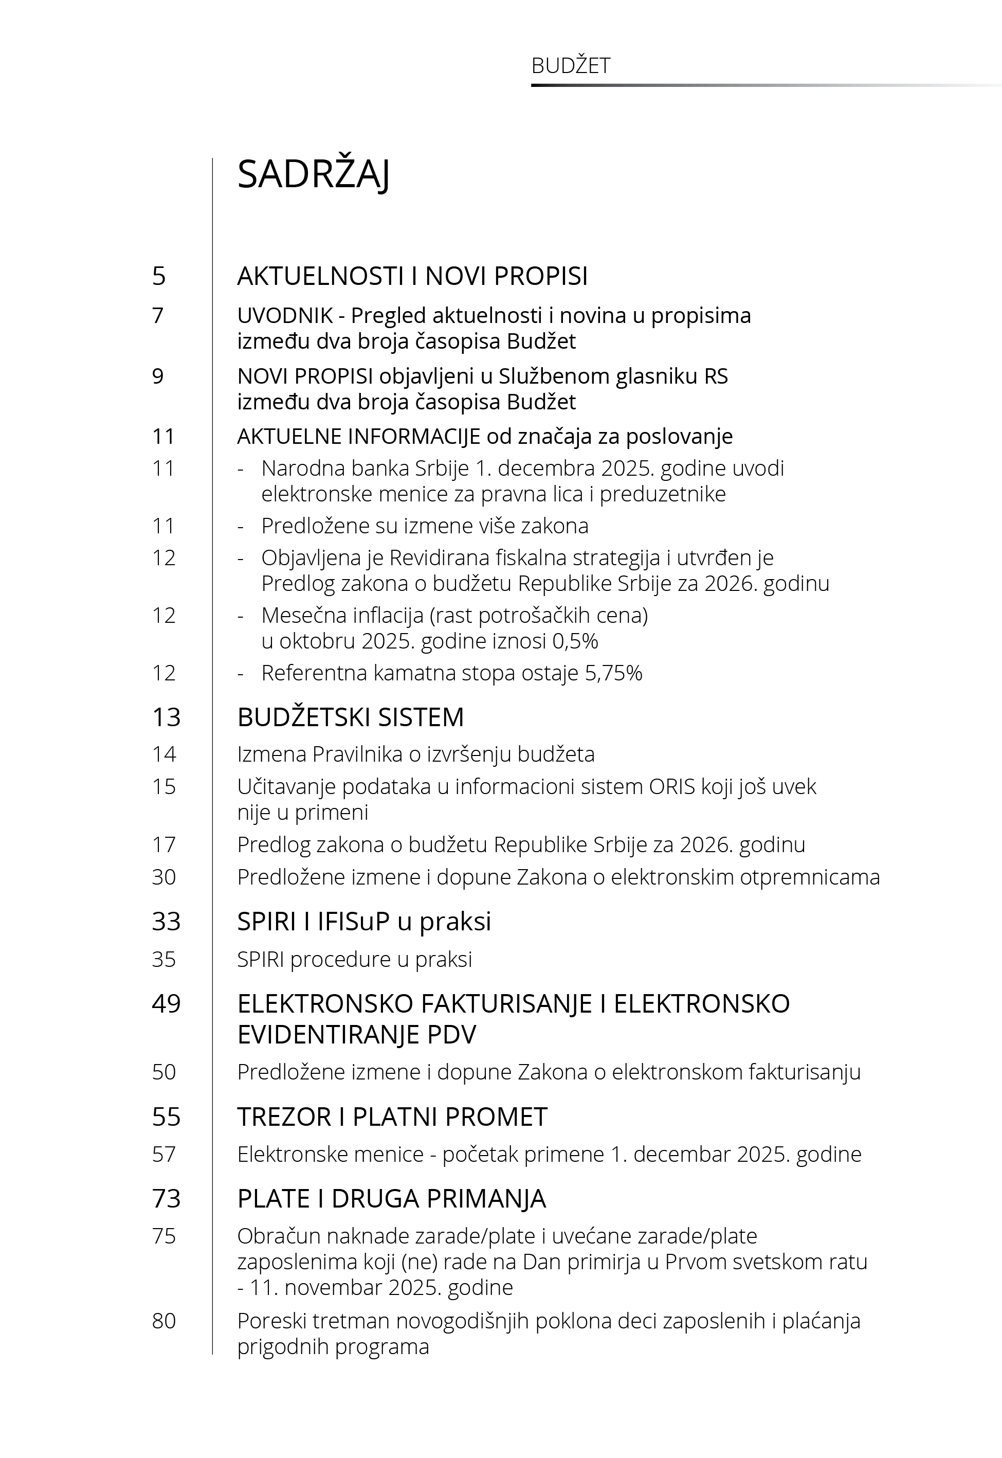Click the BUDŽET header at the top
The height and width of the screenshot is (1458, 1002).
(x=570, y=66)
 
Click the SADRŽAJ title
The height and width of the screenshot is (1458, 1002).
(x=313, y=174)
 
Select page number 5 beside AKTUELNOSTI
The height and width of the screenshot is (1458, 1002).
(x=159, y=276)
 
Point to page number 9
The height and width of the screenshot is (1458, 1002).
(x=158, y=376)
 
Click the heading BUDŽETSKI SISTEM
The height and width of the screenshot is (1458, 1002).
(x=350, y=717)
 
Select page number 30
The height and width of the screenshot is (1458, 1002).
(x=164, y=877)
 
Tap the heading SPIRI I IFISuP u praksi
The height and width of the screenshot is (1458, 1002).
(x=364, y=922)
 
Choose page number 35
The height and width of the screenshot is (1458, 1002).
(x=164, y=960)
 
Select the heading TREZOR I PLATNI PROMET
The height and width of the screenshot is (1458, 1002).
(x=392, y=1117)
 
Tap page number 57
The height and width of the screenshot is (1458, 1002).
(x=164, y=1154)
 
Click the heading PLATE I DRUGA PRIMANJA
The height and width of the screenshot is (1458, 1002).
(x=391, y=1199)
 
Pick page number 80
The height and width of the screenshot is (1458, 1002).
(x=164, y=1321)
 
